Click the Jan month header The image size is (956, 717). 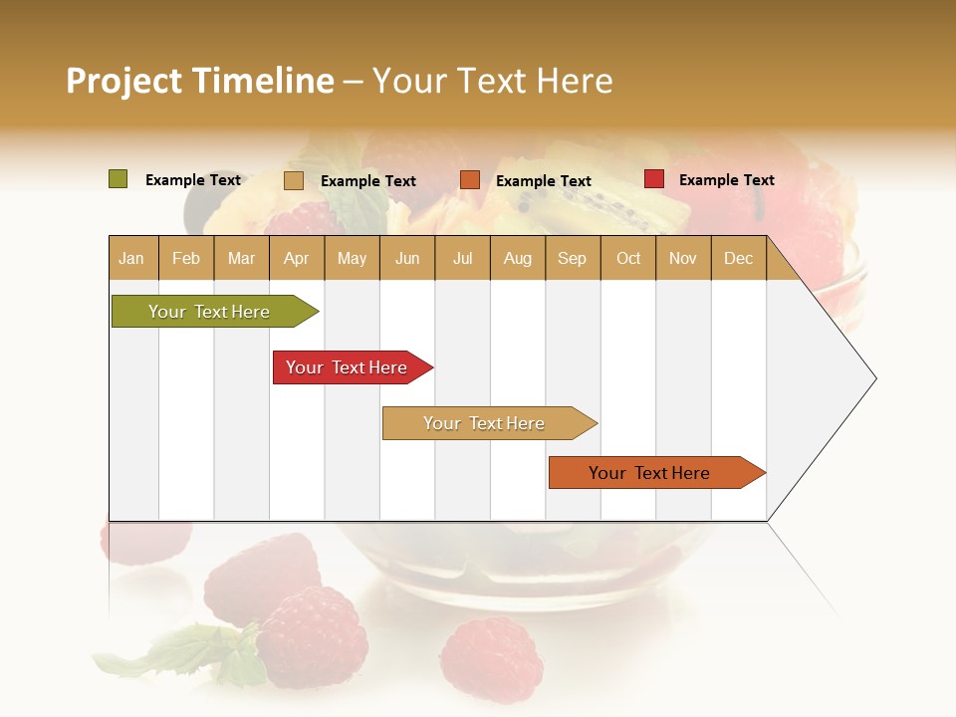click(x=131, y=258)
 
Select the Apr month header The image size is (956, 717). click(x=296, y=258)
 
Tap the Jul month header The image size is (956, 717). click(x=462, y=258)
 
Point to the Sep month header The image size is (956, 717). click(x=572, y=258)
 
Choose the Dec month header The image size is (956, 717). click(x=738, y=258)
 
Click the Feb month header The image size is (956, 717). click(x=186, y=258)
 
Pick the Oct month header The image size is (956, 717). click(x=628, y=258)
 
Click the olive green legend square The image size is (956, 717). click(x=119, y=179)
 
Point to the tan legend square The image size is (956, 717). click(x=294, y=180)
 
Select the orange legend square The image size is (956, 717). click(x=470, y=180)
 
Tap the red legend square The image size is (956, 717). click(x=654, y=179)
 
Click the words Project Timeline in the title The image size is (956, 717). click(x=200, y=81)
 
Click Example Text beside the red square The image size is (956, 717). click(x=726, y=180)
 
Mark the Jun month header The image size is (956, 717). click(x=407, y=258)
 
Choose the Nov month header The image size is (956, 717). click(x=683, y=258)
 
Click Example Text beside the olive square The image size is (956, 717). click(x=193, y=180)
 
